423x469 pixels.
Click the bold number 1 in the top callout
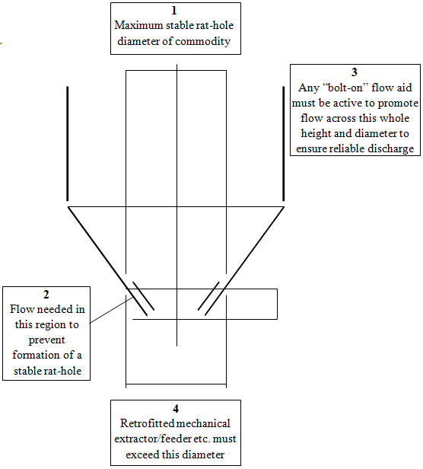tap(174, 11)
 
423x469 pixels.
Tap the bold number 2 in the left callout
tap(46, 295)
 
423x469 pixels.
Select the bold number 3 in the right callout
tap(355, 72)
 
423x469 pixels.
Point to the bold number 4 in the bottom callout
tap(176, 409)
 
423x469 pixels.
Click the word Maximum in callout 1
tap(138, 25)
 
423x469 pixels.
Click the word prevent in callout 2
tap(46, 340)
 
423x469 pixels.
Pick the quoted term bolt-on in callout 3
tap(345, 88)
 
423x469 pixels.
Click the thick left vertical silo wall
tap(68, 144)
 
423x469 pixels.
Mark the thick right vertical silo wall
tap(284, 144)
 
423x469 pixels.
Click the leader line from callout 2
tap(111, 310)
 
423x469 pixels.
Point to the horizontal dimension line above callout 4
tap(176, 384)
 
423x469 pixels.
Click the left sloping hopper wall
tap(107, 261)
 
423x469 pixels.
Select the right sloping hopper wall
tap(244, 261)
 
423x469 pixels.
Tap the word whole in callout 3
tap(395, 118)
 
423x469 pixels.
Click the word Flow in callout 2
tap(21, 309)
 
